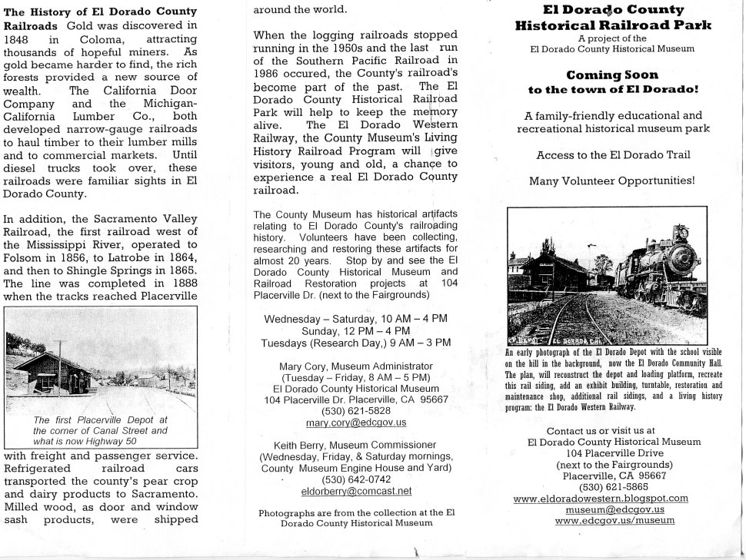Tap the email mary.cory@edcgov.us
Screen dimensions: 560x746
point(356,423)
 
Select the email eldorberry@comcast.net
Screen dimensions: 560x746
point(356,491)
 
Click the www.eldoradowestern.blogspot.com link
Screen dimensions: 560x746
point(611,498)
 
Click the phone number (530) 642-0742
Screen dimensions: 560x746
point(356,479)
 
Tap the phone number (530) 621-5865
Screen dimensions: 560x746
point(611,486)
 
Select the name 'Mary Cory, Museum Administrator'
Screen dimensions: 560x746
point(356,366)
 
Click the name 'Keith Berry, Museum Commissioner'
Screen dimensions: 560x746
point(356,446)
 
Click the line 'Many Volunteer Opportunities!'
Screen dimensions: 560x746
point(612,181)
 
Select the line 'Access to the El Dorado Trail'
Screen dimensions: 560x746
point(612,154)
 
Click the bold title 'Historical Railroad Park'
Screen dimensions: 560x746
point(612,25)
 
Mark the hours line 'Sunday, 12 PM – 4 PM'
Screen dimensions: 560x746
point(356,330)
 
